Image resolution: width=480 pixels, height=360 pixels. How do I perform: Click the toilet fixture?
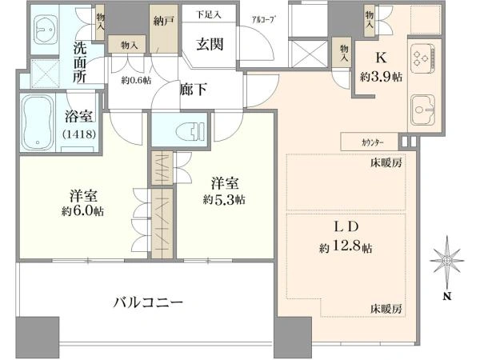pyautogui.click(x=190, y=131)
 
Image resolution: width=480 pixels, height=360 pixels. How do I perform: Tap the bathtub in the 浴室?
pyautogui.click(x=38, y=123)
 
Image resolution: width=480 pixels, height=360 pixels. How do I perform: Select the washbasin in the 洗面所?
pyautogui.click(x=46, y=30)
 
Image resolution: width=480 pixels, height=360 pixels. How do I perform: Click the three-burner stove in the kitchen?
pyautogui.click(x=422, y=58)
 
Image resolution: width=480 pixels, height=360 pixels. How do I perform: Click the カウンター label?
pyautogui.click(x=372, y=142)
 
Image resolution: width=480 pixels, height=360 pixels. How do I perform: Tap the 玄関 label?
pyautogui.click(x=210, y=44)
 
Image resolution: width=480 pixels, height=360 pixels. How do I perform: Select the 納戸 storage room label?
pyautogui.click(x=163, y=21)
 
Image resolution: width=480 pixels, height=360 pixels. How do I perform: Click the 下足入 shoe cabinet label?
pyautogui.click(x=209, y=14)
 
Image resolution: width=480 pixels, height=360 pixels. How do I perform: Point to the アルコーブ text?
pyautogui.click(x=262, y=20)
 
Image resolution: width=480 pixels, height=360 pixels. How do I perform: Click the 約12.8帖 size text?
pyautogui.click(x=346, y=246)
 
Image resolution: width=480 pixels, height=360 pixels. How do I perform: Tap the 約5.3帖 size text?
pyautogui.click(x=224, y=200)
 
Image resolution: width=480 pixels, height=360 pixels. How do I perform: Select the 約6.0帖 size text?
pyautogui.click(x=82, y=211)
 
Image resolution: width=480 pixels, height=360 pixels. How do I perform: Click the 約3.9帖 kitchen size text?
pyautogui.click(x=381, y=77)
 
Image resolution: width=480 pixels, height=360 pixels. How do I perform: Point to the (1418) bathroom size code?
pyautogui.click(x=80, y=134)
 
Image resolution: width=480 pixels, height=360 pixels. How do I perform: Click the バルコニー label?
pyautogui.click(x=148, y=302)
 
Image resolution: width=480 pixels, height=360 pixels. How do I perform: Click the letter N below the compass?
pyautogui.click(x=447, y=296)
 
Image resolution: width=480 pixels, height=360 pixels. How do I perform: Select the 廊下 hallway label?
pyautogui.click(x=193, y=90)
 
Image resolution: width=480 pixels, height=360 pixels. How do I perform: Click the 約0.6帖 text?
pyautogui.click(x=136, y=81)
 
